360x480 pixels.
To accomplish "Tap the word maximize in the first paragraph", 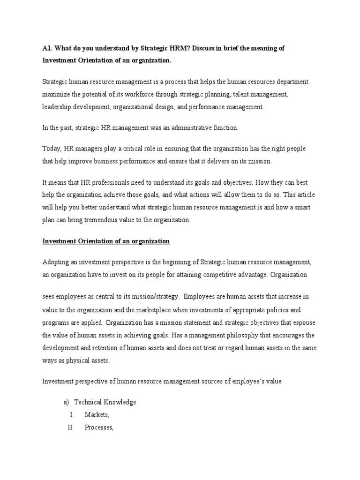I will point(56,94).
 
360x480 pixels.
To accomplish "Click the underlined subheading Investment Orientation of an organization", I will point(106,241).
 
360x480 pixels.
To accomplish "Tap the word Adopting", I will point(56,262).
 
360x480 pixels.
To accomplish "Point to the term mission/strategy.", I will point(156,297).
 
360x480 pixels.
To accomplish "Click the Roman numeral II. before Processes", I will point(71,427).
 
